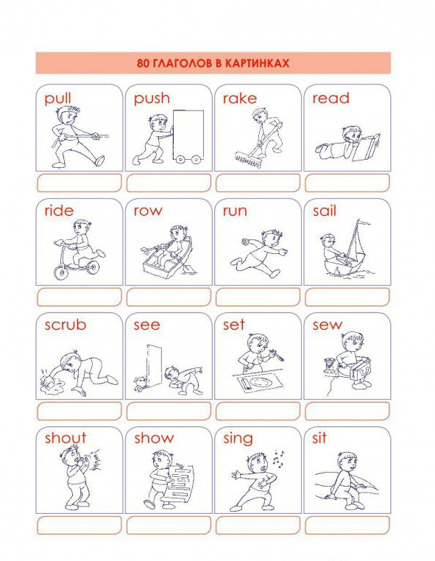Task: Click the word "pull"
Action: (x=57, y=99)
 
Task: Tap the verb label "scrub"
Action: (x=66, y=325)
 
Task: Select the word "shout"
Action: (x=66, y=437)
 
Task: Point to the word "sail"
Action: (x=325, y=211)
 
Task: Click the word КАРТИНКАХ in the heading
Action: (x=257, y=63)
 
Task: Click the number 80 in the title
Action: (x=143, y=63)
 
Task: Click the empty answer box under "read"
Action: (x=347, y=183)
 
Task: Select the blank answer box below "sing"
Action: (x=258, y=525)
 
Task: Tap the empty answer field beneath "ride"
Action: (x=79, y=297)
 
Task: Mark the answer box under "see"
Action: (x=169, y=411)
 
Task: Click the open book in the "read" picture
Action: (x=366, y=147)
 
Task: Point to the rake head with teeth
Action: (x=248, y=159)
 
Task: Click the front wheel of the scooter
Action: (x=61, y=272)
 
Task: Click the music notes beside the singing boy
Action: (x=278, y=458)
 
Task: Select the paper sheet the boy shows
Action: (x=181, y=483)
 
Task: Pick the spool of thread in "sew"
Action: (x=329, y=366)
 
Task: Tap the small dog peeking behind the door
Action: (x=141, y=383)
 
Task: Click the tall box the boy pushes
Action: (x=188, y=134)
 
